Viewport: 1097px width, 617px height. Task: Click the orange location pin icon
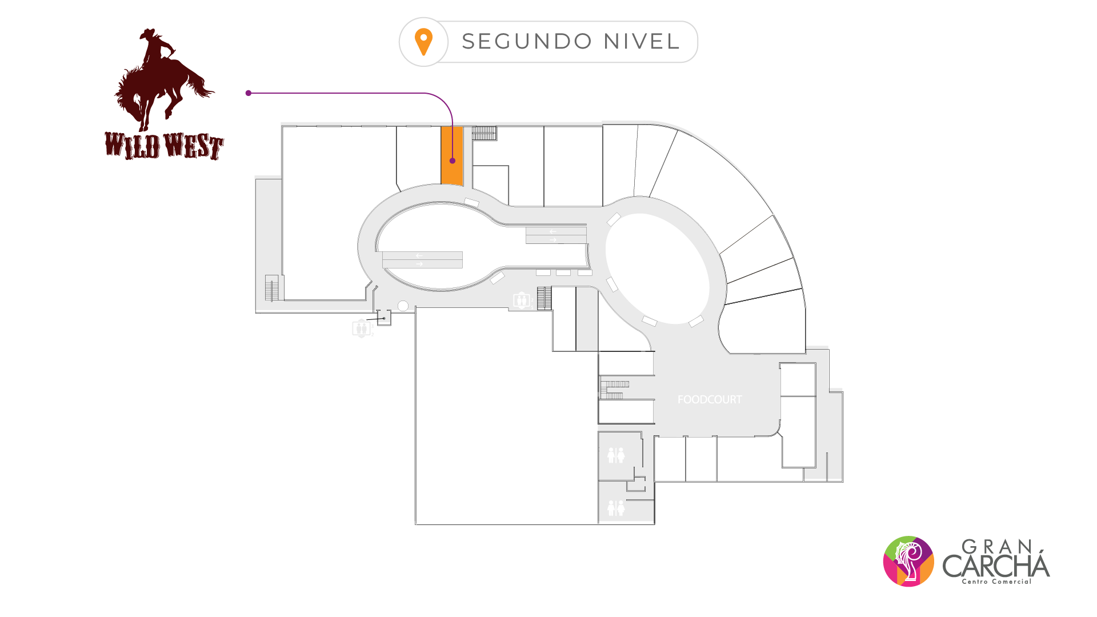tap(423, 42)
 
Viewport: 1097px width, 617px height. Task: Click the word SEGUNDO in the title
tap(527, 42)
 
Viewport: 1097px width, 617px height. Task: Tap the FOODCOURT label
tap(709, 400)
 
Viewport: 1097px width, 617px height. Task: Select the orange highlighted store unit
tap(451, 171)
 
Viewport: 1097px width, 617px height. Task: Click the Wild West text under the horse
tap(164, 146)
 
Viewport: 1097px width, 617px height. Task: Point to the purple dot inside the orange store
tap(453, 161)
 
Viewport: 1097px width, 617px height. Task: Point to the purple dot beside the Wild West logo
tap(249, 93)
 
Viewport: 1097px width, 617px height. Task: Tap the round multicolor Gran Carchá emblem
tap(908, 561)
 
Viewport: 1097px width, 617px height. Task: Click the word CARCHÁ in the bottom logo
tap(996, 566)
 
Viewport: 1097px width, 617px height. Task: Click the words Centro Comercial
tap(996, 582)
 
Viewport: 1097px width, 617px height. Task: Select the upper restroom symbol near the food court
tap(616, 455)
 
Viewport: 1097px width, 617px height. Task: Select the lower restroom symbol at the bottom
tap(616, 508)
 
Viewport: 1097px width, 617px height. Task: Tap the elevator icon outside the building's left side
tap(361, 328)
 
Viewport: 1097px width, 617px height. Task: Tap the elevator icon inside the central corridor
tap(521, 300)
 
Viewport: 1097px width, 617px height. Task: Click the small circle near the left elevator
tap(403, 306)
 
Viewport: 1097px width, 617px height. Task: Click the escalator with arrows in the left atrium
tap(422, 260)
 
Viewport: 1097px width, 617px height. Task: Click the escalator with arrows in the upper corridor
tap(556, 235)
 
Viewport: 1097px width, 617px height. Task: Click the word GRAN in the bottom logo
tap(997, 547)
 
